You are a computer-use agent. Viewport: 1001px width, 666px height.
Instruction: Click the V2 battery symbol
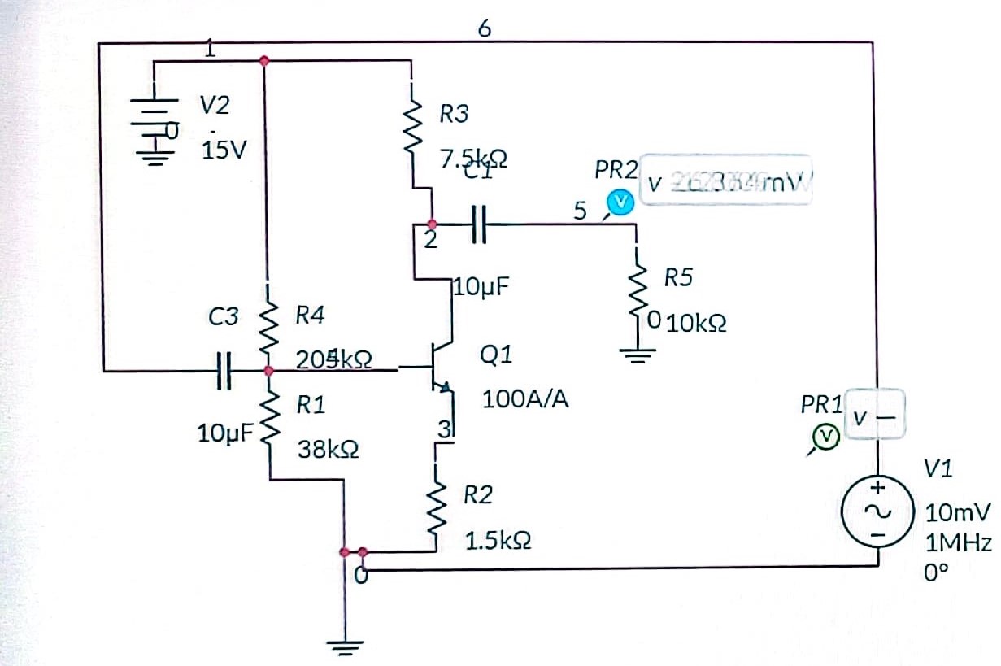(x=151, y=128)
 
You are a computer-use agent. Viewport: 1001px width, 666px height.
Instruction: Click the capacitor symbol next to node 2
(x=478, y=223)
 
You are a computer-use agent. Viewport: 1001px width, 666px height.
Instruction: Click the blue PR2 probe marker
(x=621, y=202)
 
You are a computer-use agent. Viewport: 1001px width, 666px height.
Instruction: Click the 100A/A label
(x=524, y=399)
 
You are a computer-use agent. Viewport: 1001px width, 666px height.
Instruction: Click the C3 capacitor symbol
(x=224, y=371)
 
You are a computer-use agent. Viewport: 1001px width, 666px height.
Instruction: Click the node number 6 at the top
(x=485, y=28)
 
